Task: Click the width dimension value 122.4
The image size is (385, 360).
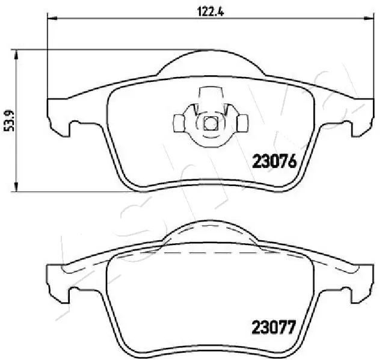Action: click(x=210, y=11)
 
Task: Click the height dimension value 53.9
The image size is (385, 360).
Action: click(x=8, y=120)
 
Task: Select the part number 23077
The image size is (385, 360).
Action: click(x=272, y=328)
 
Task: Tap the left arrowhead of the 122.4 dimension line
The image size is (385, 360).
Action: click(x=52, y=20)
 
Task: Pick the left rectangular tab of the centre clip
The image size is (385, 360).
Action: click(x=179, y=122)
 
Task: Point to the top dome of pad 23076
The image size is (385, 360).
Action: click(x=210, y=57)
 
